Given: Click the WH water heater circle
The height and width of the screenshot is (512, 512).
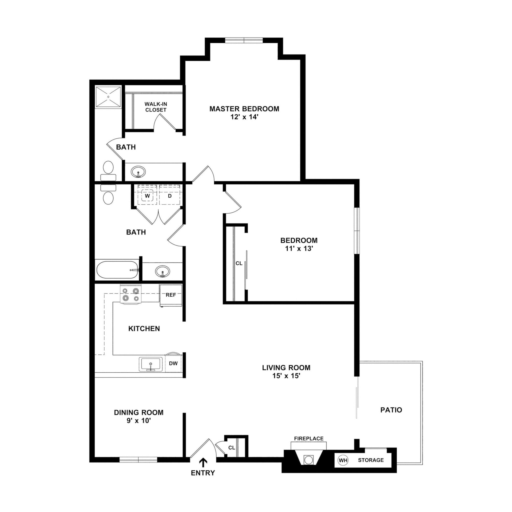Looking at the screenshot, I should pos(343,460).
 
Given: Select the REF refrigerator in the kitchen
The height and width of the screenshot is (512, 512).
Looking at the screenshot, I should pos(171,295).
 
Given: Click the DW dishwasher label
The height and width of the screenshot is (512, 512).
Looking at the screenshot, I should pos(173,363).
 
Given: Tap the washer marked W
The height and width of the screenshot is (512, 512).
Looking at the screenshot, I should pos(147,196).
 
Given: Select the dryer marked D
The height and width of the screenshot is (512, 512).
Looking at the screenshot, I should pos(169,196).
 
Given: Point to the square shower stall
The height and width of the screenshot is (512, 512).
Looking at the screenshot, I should pos(108,97).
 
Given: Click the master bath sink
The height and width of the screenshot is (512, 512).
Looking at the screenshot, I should pos(138,172).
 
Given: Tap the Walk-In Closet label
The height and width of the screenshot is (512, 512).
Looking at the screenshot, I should pos(155,107).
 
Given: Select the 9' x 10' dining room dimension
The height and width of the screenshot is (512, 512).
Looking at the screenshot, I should pos(138,420).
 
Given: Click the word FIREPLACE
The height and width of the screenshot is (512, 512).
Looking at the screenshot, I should pos(309,438).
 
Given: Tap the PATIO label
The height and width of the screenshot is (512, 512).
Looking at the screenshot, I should pos(391,410).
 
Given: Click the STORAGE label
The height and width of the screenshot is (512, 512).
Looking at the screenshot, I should pos(371,460).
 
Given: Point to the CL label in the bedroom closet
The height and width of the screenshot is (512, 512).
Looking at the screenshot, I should pos(239,263).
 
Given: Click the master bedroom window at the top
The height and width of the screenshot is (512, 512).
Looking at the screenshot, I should pos(244,40).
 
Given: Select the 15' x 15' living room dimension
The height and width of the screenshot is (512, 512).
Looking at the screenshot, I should pos(286,376).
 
